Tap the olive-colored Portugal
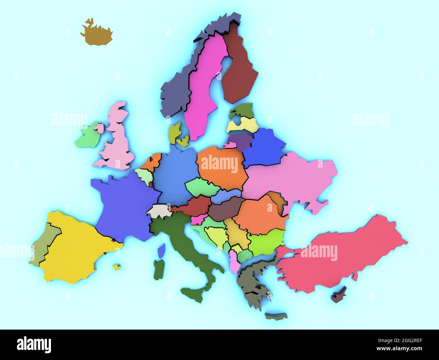tap(44, 243)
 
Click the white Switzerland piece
tap(159, 211)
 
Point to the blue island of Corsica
tap(161, 250)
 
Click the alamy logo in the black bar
tap(34, 344)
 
